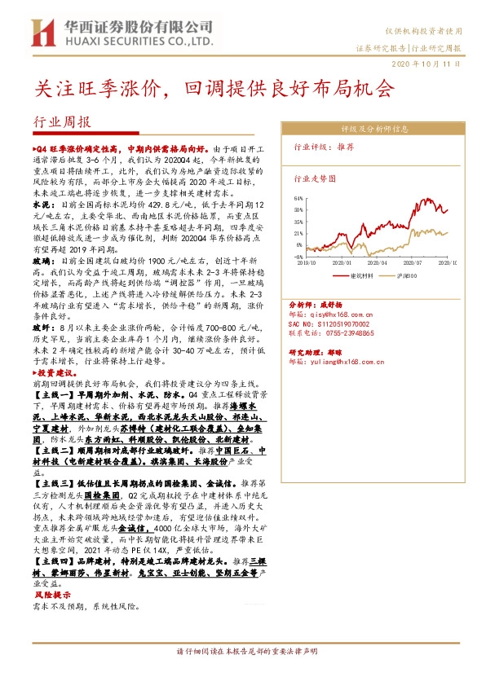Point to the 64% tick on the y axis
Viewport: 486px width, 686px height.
point(299,198)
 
